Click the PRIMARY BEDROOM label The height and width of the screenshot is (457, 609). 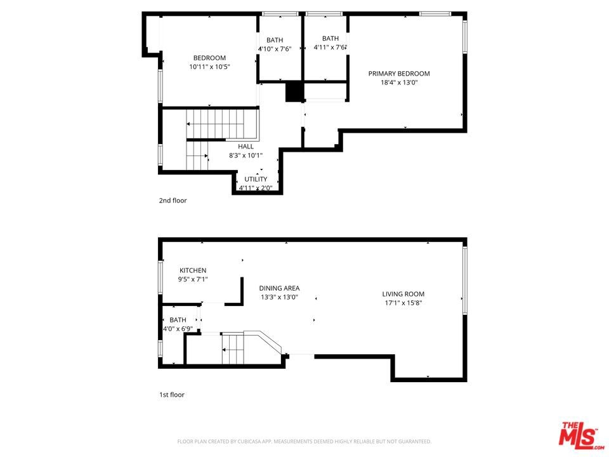pos(399,74)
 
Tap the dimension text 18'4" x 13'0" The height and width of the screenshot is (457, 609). pos(399,83)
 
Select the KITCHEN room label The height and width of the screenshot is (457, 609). pos(193,270)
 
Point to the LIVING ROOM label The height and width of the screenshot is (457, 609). pos(403,294)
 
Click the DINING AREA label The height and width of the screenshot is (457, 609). pos(279,288)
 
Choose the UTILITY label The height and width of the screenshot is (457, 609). pos(256,179)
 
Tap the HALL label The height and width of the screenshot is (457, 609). pos(246,147)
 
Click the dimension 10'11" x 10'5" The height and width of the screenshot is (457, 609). pos(210,67)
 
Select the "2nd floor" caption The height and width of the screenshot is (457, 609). pos(173,201)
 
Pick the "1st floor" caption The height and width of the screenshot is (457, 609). pos(172,395)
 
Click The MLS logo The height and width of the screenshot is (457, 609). pos(582,434)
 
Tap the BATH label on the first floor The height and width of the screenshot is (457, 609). pos(178,320)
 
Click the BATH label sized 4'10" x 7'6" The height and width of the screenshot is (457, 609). pos(275,40)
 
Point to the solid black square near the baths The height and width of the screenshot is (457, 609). pos(294,91)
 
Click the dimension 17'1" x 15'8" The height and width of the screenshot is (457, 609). pos(403,303)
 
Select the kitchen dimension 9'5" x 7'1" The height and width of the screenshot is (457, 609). pos(193,279)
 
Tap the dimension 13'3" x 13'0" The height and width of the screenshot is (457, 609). pos(279,297)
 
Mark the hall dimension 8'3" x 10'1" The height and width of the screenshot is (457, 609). pos(246,156)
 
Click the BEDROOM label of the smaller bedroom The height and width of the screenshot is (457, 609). pos(210,58)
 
